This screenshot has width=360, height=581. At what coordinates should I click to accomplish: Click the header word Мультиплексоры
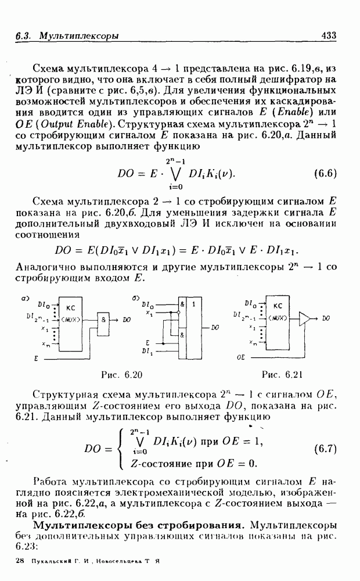tap(79, 36)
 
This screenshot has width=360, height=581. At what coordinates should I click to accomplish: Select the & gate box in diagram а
tap(104, 320)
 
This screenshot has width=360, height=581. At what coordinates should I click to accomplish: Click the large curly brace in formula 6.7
tap(121, 449)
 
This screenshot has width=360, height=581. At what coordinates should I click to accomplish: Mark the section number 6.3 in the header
tap(23, 36)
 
